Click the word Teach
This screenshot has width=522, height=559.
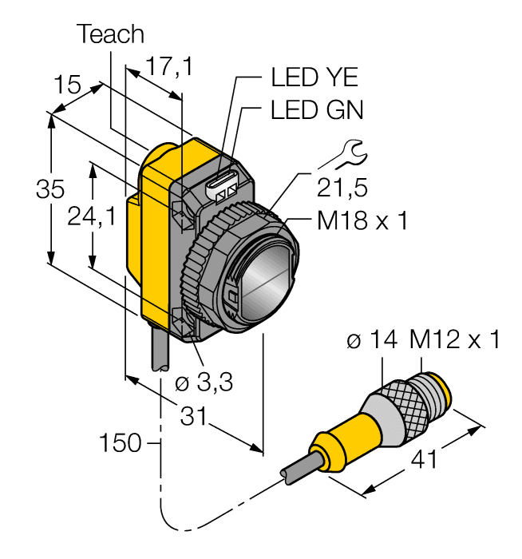pyautogui.click(x=111, y=34)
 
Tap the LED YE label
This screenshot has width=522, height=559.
pyautogui.click(x=314, y=77)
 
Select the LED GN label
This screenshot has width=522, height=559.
pyautogui.click(x=317, y=110)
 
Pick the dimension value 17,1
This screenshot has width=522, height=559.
pyautogui.click(x=168, y=67)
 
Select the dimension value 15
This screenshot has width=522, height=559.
pyautogui.click(x=69, y=85)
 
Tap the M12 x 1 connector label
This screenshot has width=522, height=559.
pyautogui.click(x=455, y=340)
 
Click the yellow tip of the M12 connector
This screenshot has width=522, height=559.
pyautogui.click(x=441, y=388)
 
